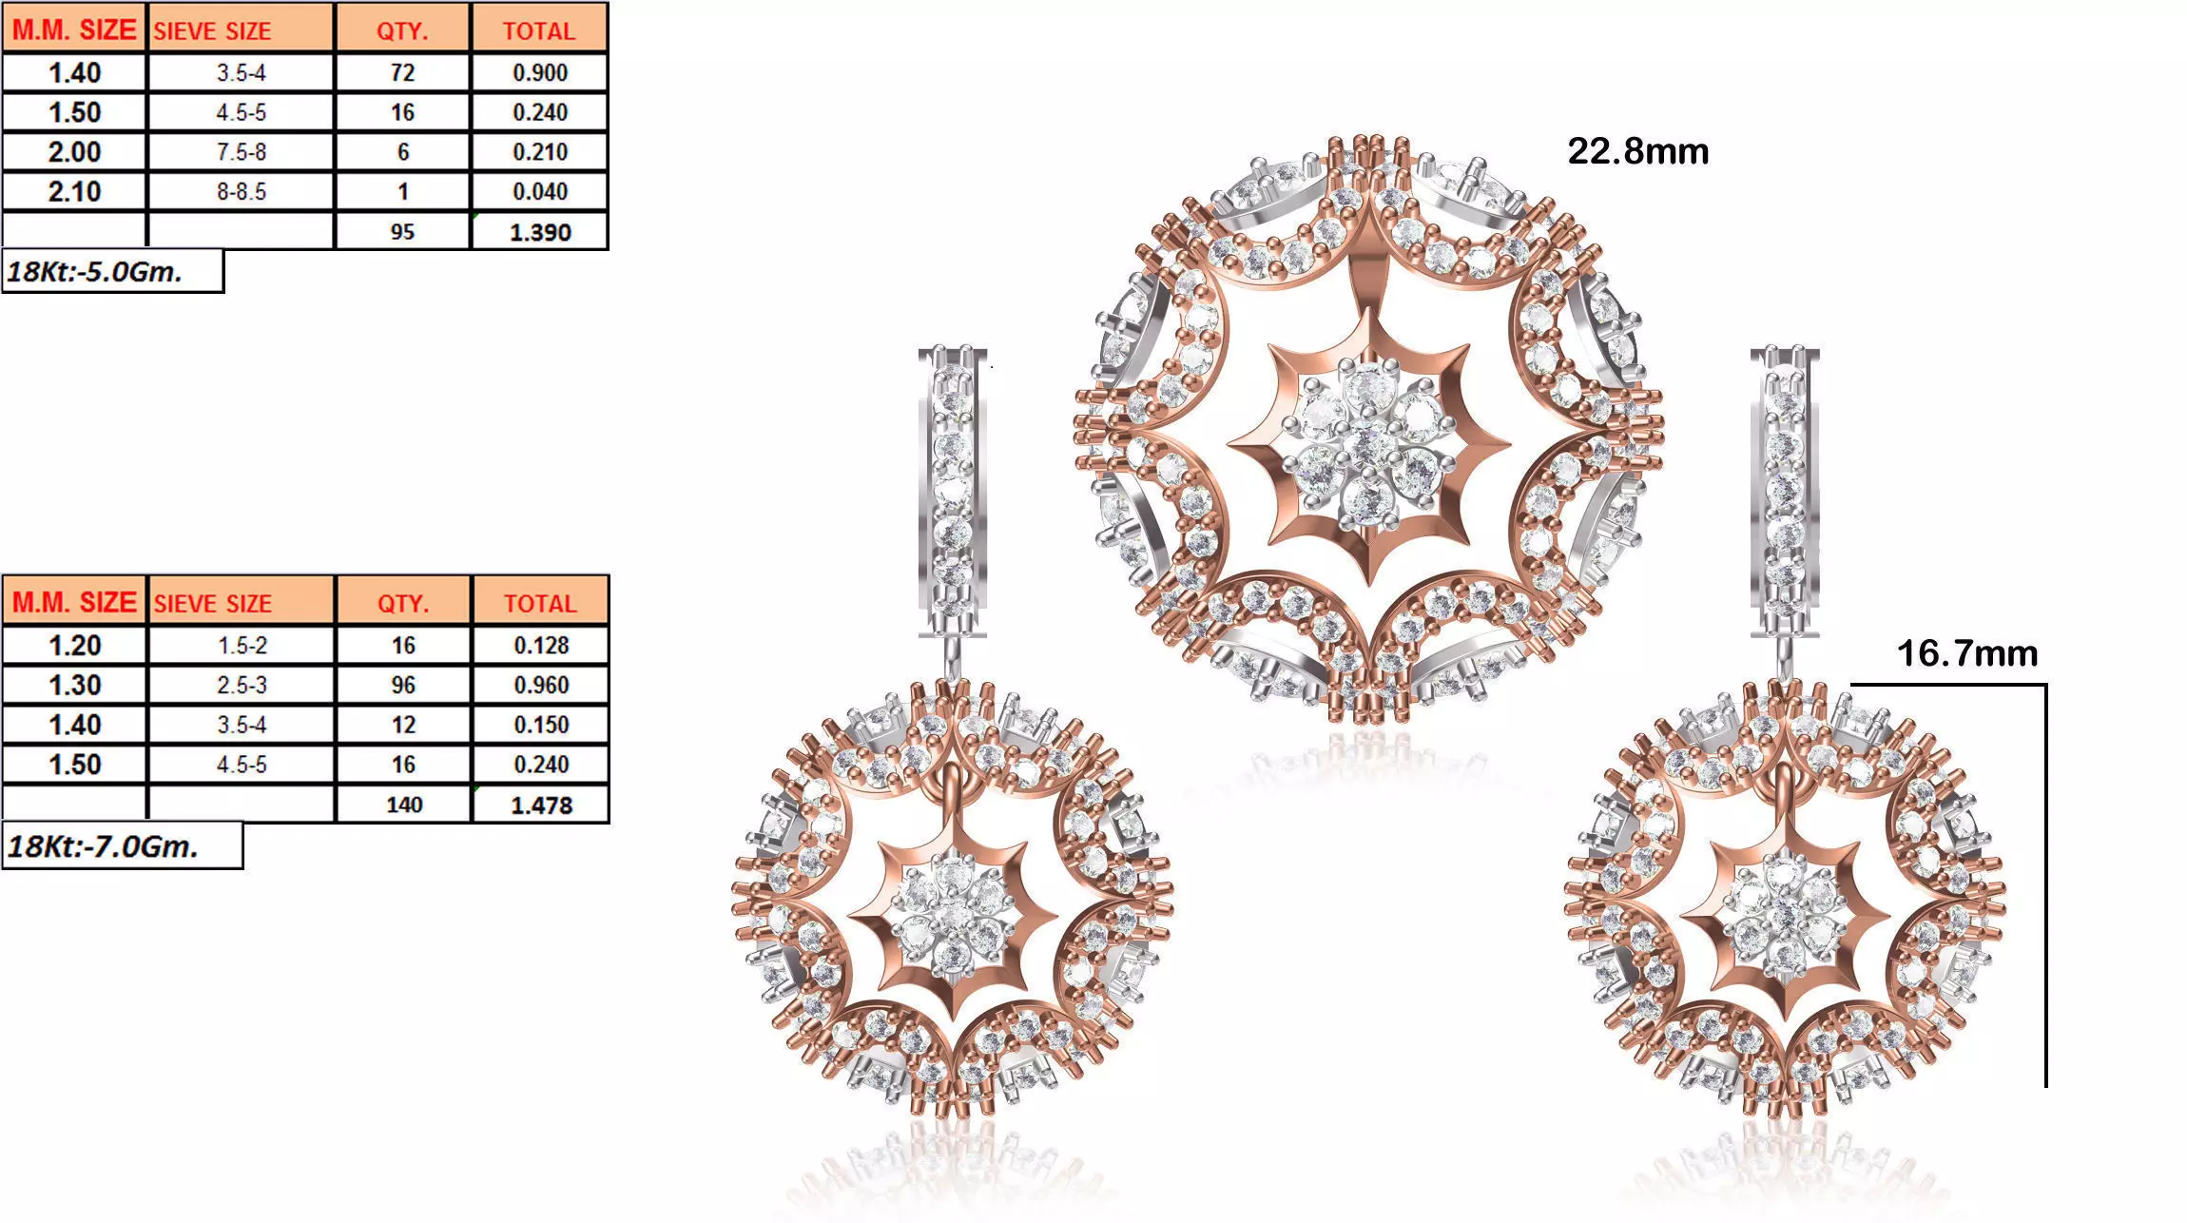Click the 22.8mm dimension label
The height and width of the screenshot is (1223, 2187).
pos(1637,151)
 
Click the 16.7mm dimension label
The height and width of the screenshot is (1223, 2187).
pos(1966,653)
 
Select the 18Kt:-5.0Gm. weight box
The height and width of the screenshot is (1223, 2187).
pos(112,272)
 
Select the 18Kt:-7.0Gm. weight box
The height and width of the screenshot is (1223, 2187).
pos(122,846)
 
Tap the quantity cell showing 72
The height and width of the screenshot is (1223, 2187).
pos(402,73)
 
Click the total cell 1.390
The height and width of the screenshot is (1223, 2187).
pos(540,232)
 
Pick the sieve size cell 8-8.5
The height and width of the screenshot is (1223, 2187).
pos(242,192)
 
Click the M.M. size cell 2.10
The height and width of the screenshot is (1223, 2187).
pos(74,192)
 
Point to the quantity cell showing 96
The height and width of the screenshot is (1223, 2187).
pos(403,686)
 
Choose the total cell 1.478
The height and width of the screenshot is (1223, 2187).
pos(541,806)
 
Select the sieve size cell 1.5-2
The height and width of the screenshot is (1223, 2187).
pos(242,646)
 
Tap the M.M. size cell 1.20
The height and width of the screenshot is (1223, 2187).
pos(74,646)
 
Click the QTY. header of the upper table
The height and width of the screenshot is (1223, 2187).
pos(402,30)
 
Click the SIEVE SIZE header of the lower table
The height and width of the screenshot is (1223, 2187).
pos(213,604)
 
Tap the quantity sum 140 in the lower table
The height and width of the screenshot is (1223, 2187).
pos(404,806)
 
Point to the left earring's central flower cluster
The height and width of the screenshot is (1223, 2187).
pos(952,917)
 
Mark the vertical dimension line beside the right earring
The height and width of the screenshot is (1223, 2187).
pos(2045,884)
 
